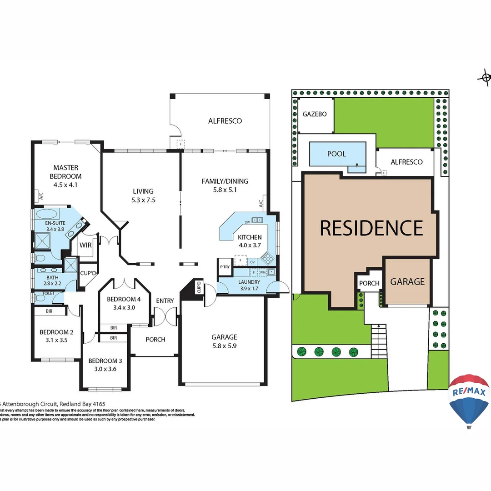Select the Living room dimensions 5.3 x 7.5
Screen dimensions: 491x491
[143, 200]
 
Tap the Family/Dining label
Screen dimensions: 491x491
[225, 181]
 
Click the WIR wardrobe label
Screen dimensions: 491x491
[85, 245]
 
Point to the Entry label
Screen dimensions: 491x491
[165, 301]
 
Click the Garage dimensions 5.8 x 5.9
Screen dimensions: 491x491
[224, 345]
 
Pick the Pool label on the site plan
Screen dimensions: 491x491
[336, 154]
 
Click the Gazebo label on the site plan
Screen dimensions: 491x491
[315, 114]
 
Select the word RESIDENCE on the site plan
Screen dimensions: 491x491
[371, 228]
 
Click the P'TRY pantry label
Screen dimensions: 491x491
[225, 267]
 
